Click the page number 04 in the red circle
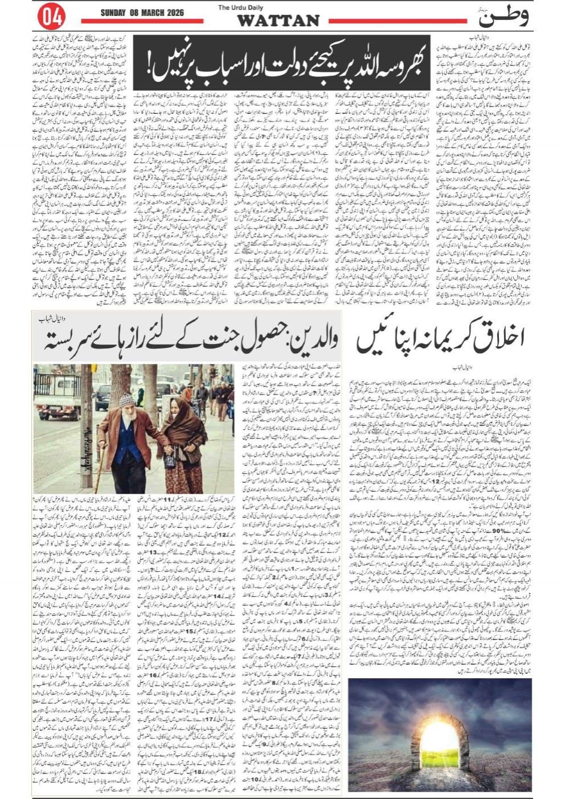pyautogui.click(x=52, y=17)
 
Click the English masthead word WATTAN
pyautogui.click(x=277, y=21)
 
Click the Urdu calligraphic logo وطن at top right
pyautogui.click(x=503, y=17)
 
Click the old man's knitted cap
pyautogui.click(x=128, y=400)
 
